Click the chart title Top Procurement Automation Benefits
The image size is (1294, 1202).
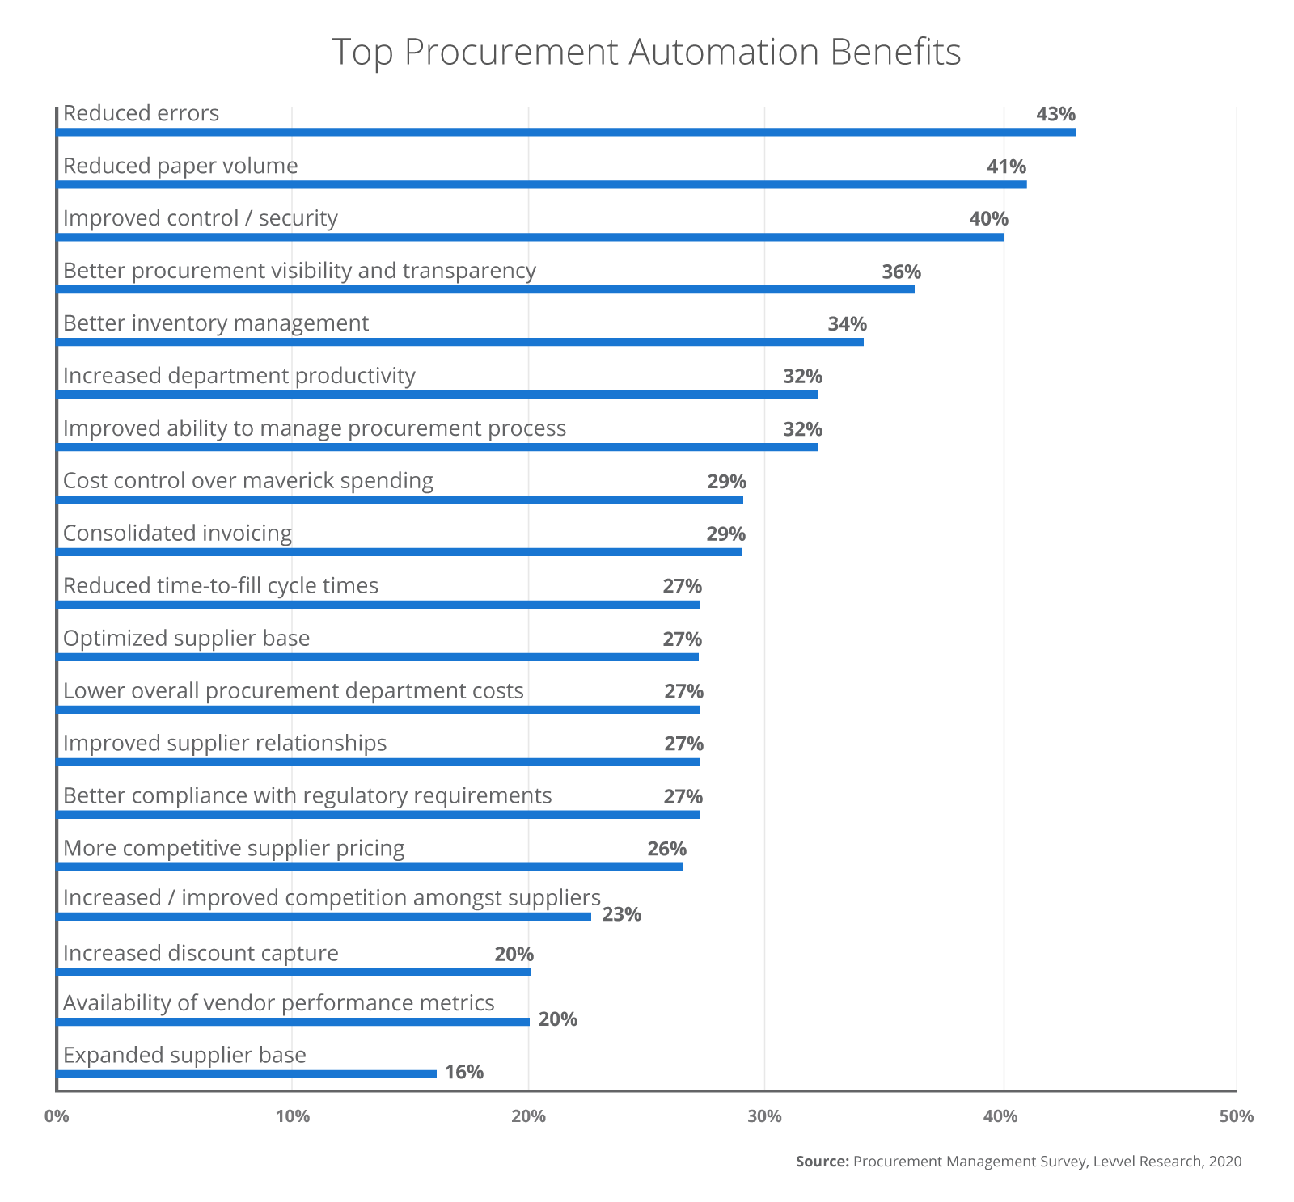(646, 52)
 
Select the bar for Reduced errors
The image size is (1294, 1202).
(566, 132)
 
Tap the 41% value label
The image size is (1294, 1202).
(1006, 167)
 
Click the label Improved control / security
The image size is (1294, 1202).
(200, 218)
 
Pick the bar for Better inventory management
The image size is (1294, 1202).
(459, 342)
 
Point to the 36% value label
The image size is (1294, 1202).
(901, 272)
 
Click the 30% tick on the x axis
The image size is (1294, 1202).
(764, 1116)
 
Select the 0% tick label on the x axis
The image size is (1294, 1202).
(56, 1116)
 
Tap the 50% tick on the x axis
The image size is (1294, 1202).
(1236, 1116)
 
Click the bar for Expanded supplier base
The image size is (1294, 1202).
(247, 1073)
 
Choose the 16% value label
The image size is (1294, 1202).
(464, 1072)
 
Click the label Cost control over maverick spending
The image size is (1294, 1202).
(247, 481)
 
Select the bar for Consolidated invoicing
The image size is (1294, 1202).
(400, 552)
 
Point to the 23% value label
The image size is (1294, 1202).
(621, 914)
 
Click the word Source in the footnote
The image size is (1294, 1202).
(822, 1162)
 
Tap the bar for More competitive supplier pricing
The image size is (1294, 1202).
(370, 867)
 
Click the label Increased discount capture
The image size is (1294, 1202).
(201, 953)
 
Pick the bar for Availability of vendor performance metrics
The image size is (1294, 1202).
(293, 1022)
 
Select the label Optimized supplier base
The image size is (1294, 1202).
(186, 639)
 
